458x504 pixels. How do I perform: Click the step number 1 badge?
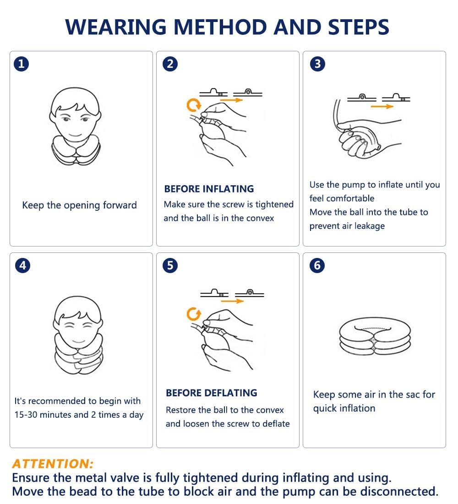coord(21,64)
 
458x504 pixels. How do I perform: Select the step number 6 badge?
coord(317,265)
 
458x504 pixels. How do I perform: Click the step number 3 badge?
coord(317,64)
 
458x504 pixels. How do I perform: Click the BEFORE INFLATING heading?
coord(209,189)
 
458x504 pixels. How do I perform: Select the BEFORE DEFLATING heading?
coord(211,393)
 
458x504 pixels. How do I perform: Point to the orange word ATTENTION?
coord(53,464)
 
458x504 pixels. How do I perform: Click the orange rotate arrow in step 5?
coord(194,314)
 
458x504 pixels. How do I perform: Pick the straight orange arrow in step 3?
coord(382,106)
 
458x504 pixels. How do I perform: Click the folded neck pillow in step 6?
coord(374,337)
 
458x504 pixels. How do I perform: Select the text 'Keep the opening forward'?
coord(79,205)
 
